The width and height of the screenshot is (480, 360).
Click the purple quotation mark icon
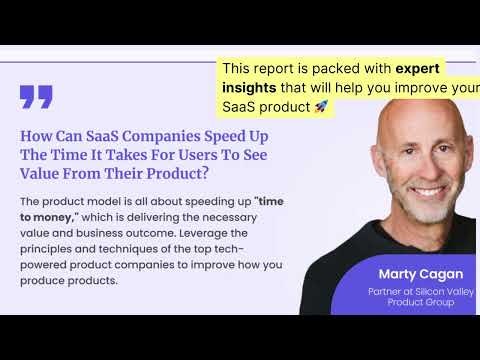click(36, 96)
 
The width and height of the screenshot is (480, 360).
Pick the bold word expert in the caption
click(417, 68)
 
